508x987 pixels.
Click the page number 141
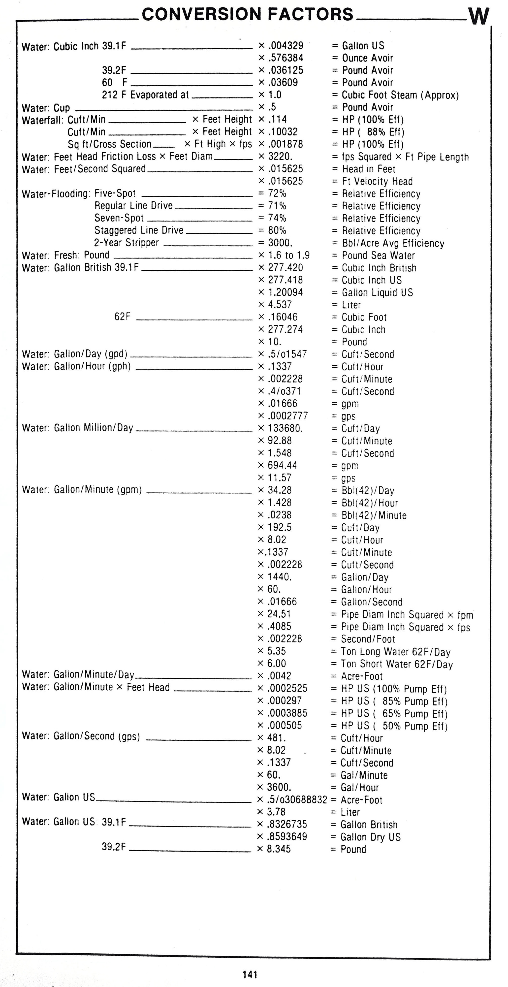point(250,974)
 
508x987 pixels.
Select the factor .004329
point(286,46)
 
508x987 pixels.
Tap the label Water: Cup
point(46,108)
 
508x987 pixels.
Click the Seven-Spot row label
point(119,218)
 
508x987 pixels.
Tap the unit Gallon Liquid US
point(377,292)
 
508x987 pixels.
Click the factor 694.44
point(282,465)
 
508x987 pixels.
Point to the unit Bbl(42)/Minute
point(374,515)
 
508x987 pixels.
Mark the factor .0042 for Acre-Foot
point(279,676)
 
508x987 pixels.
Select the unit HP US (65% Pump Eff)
point(394,713)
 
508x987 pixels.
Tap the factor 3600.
point(279,787)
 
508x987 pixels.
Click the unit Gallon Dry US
point(371,837)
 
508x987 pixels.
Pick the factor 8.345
point(279,849)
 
